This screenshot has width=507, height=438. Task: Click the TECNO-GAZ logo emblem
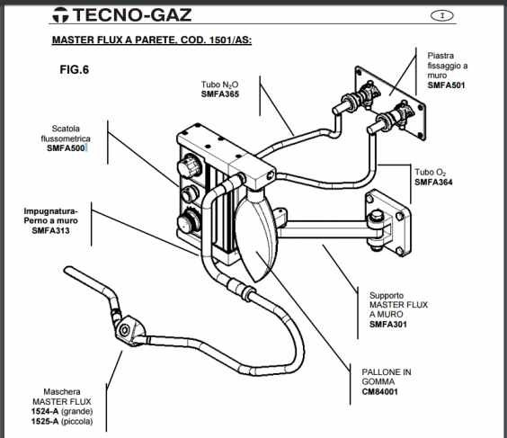click(x=61, y=15)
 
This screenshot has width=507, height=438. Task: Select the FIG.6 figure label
click(x=74, y=69)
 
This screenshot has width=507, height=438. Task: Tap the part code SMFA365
click(x=220, y=94)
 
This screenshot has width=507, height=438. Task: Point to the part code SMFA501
click(x=446, y=85)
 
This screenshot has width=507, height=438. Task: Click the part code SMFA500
click(x=66, y=148)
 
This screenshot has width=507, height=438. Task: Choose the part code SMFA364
click(x=433, y=182)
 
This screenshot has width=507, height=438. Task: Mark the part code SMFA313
click(x=50, y=230)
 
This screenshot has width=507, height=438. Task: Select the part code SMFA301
click(x=388, y=324)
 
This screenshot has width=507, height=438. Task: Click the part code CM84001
click(x=380, y=392)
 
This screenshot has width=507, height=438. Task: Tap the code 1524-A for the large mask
click(x=45, y=412)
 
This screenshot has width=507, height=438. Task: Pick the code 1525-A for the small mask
click(x=45, y=422)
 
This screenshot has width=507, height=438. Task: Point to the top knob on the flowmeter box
click(x=190, y=165)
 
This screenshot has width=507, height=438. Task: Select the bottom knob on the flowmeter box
click(x=188, y=222)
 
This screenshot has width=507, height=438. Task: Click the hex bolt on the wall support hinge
click(x=376, y=216)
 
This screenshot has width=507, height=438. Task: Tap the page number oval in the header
click(x=442, y=15)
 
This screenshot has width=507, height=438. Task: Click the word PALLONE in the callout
click(x=378, y=372)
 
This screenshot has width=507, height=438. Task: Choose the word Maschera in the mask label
click(x=62, y=392)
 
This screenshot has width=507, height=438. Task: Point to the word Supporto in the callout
click(x=387, y=296)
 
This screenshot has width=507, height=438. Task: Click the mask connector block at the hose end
click(x=129, y=330)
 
